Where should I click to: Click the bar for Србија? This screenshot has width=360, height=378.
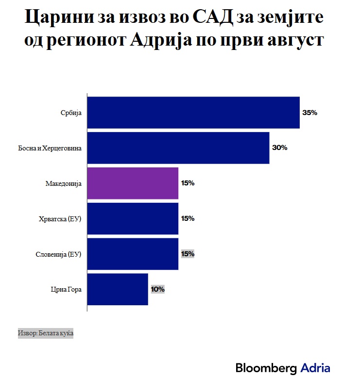point(193,113)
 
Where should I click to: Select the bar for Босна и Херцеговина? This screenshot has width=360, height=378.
point(178,148)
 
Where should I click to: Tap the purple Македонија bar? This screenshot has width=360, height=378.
point(132,183)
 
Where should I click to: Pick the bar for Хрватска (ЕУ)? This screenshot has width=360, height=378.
point(132,219)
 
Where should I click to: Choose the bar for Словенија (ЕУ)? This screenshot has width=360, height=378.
point(132,254)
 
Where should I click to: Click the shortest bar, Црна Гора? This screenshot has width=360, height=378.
point(117,289)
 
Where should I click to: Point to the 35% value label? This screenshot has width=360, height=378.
point(309,113)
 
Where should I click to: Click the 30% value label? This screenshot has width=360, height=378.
point(280,148)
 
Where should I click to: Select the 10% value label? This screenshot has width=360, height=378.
point(158,289)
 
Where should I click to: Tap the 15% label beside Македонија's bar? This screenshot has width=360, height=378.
point(188,183)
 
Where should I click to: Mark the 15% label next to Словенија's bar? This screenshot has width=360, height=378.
point(188,254)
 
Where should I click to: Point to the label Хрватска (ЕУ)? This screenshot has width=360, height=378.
point(60,219)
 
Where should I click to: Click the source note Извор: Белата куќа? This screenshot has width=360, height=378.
point(45,334)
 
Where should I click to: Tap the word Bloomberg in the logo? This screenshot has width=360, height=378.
point(266,367)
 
